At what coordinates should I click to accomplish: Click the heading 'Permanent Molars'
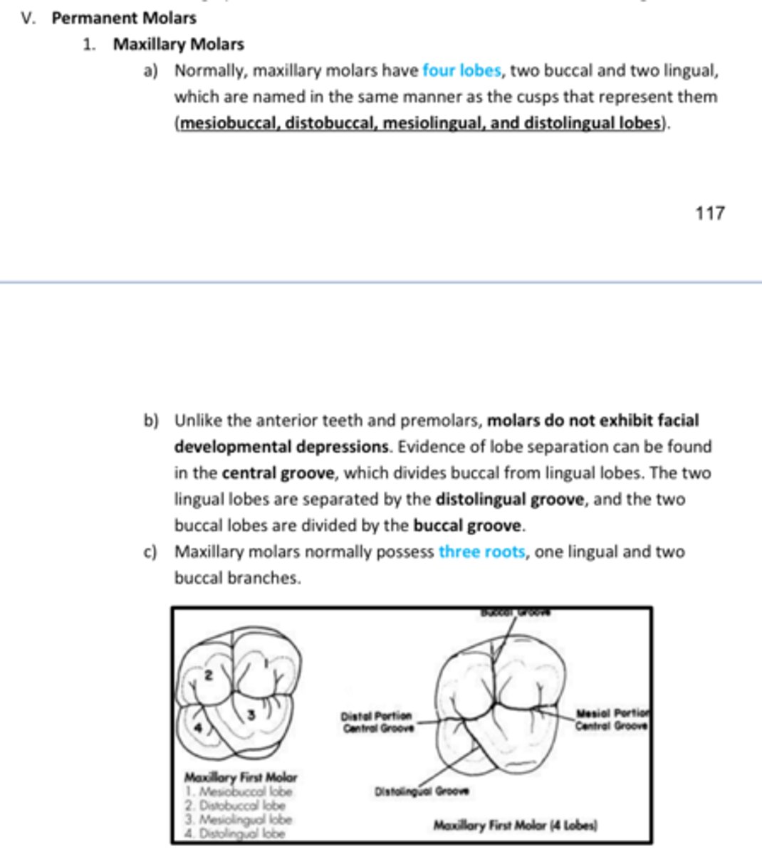[124, 18]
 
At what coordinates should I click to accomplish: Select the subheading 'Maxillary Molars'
[178, 44]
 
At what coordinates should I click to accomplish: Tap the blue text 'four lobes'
[461, 70]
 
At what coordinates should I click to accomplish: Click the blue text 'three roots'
[481, 552]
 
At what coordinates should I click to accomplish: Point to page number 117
[709, 213]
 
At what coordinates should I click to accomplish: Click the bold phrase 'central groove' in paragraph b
[277, 473]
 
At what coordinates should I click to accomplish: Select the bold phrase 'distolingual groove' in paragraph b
[510, 500]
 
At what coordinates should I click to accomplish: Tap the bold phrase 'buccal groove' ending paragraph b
[467, 526]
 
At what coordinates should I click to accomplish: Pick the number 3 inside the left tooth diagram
[250, 715]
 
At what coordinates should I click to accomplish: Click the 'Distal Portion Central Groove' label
[376, 722]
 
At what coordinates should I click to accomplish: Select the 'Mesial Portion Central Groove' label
[612, 719]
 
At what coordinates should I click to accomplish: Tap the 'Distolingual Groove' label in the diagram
[421, 791]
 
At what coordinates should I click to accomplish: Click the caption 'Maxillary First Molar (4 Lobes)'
[515, 826]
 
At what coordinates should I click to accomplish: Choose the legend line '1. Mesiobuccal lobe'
[238, 791]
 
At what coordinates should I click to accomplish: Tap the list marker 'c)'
[150, 552]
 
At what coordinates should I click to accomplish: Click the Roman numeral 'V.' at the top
[28, 18]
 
